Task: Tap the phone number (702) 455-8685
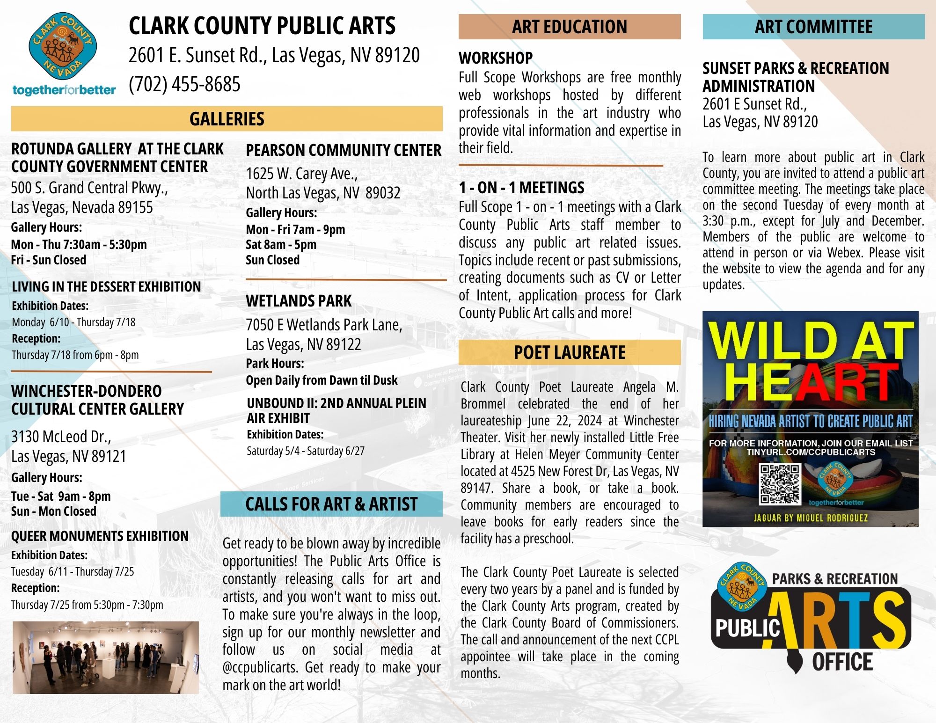(x=184, y=85)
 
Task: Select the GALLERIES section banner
(x=227, y=119)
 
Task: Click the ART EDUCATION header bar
(x=569, y=27)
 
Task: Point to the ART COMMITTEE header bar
(x=813, y=27)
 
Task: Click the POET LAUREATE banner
(x=569, y=352)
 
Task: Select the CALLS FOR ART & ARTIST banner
(x=331, y=504)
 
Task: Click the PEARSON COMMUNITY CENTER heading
(x=344, y=150)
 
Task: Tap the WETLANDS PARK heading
(x=299, y=301)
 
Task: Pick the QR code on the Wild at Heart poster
(x=780, y=483)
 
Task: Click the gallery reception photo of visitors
(x=106, y=657)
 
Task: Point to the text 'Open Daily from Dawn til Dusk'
(x=322, y=380)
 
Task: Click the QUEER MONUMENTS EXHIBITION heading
(x=100, y=536)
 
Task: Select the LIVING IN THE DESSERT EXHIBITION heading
(x=106, y=287)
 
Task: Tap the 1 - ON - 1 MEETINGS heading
(x=521, y=188)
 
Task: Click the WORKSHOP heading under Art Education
(x=496, y=58)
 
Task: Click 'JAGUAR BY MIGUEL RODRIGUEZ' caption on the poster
(x=811, y=518)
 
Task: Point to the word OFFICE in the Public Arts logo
(x=842, y=662)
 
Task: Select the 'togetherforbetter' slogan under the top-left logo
(x=64, y=90)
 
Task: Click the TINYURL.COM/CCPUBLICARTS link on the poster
(x=811, y=452)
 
